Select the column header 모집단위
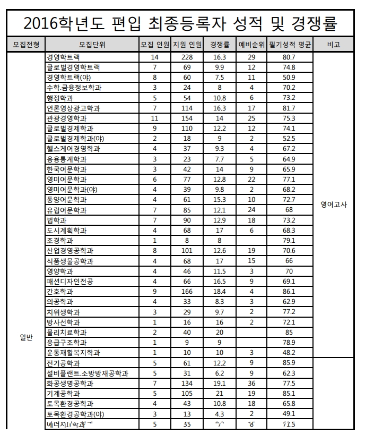[92, 45]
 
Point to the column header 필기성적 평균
[289, 45]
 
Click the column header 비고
[334, 45]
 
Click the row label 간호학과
[60, 292]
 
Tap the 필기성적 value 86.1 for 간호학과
[289, 292]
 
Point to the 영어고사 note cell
[334, 205]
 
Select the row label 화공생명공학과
[70, 383]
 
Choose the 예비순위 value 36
[251, 383]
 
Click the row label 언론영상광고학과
[73, 108]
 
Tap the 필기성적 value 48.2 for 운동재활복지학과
[289, 353]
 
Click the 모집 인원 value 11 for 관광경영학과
[155, 118]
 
